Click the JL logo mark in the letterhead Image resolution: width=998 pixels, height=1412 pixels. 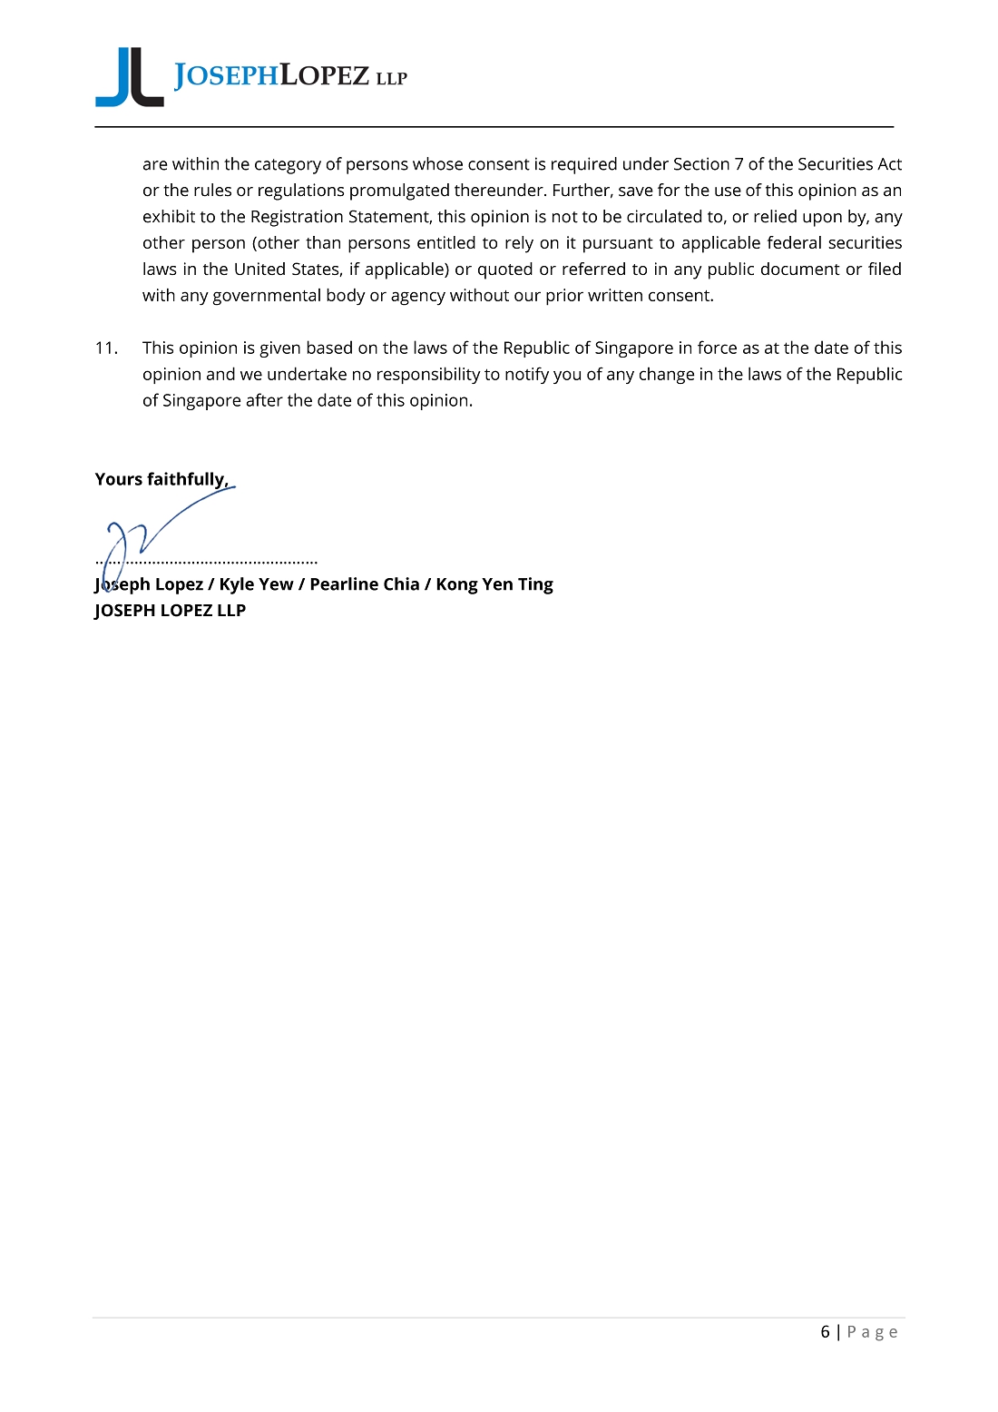point(130,78)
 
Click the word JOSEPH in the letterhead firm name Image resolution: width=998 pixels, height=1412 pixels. point(226,75)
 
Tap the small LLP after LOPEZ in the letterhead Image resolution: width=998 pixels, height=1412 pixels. point(392,79)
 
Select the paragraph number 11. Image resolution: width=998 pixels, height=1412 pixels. point(106,348)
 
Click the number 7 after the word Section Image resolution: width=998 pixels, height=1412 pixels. point(739,164)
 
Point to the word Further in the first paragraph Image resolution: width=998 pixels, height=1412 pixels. point(582,191)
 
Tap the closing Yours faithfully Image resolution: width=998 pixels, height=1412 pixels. point(161,479)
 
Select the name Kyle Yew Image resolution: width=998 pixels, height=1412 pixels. point(256,584)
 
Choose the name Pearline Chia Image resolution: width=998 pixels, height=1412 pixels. point(364,584)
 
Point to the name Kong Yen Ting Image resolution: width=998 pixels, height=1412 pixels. point(494,584)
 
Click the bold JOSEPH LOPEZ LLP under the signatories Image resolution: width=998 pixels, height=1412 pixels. point(171,611)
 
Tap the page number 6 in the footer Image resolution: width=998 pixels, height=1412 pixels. point(825,1332)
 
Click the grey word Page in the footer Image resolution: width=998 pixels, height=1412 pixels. point(873,1332)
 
